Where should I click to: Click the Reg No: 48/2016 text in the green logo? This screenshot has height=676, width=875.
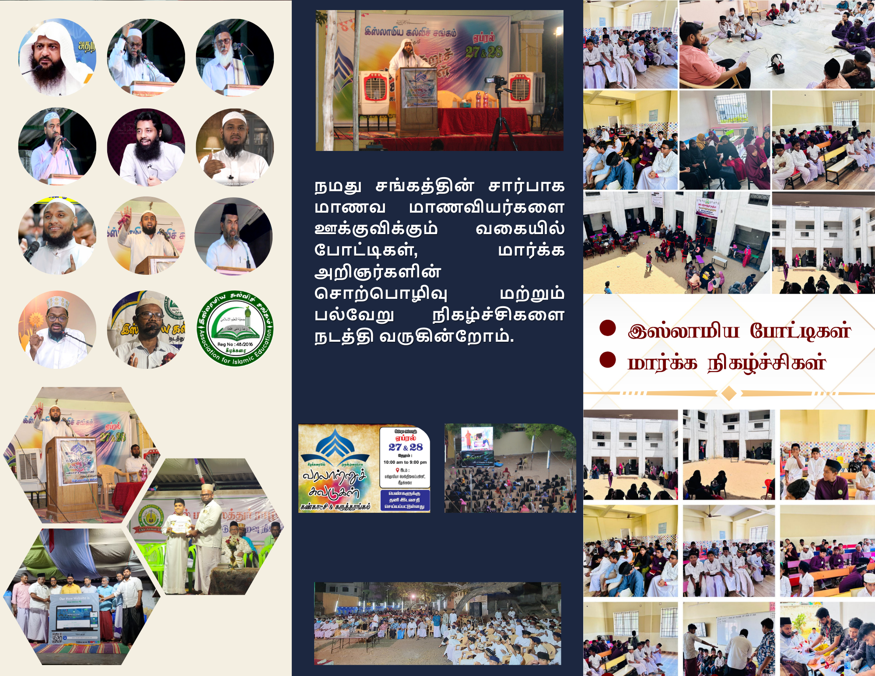[x=235, y=344]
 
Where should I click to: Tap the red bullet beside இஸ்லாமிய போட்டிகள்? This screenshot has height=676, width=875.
[x=608, y=328]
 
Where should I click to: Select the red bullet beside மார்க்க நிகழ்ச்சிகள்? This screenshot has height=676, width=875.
[x=608, y=360]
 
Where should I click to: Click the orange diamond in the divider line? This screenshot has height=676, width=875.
[x=728, y=393]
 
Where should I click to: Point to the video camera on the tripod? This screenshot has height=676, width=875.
[x=496, y=81]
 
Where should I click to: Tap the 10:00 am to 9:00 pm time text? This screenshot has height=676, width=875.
[x=405, y=462]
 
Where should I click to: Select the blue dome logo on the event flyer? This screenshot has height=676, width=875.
[x=335, y=444]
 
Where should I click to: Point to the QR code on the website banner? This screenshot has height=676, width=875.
[x=57, y=637]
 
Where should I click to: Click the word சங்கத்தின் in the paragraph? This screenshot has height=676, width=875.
[x=424, y=186]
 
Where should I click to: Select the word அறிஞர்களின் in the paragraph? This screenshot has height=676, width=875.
[x=378, y=272]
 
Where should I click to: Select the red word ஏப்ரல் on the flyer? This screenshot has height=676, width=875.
[x=405, y=438]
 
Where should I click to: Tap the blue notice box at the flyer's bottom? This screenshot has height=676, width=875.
[x=405, y=500]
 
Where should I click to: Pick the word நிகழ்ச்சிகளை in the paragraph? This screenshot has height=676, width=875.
[x=498, y=315]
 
